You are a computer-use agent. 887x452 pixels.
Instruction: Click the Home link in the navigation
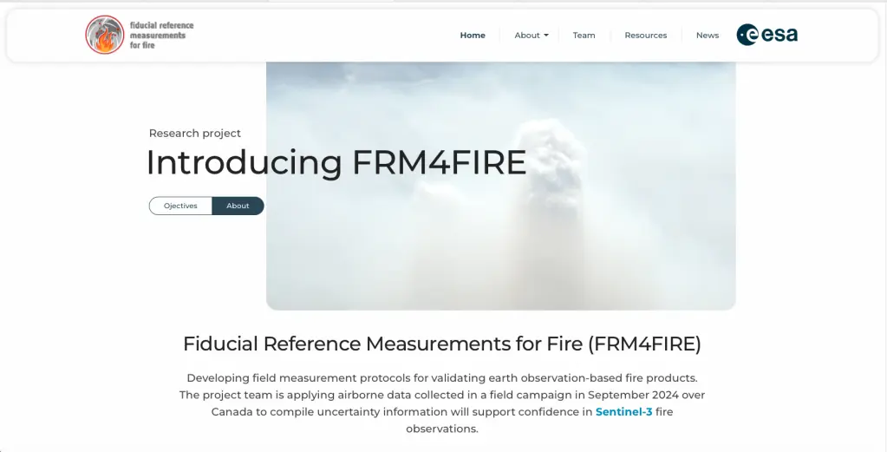[x=473, y=35]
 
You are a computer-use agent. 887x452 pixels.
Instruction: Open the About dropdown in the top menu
[x=532, y=35]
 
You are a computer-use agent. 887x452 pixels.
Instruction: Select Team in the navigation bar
[x=584, y=35]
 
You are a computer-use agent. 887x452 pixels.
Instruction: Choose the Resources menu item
[x=645, y=35]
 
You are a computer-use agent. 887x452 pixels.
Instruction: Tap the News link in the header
[x=708, y=35]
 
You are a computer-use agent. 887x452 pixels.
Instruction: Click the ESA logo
[x=767, y=35]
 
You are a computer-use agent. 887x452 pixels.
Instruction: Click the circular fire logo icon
[x=105, y=35]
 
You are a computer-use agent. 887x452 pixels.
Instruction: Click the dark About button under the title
[x=238, y=206]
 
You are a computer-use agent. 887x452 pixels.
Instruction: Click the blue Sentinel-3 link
[x=623, y=412]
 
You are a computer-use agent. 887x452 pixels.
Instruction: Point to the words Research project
[x=194, y=134]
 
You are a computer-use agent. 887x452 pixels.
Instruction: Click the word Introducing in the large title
[x=244, y=163]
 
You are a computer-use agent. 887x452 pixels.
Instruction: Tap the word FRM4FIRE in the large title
[x=439, y=163]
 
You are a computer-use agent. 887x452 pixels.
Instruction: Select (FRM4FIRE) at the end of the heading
[x=644, y=344]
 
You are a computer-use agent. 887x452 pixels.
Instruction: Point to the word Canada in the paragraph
[x=232, y=412]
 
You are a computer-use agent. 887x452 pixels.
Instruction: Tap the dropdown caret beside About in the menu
[x=546, y=36]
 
